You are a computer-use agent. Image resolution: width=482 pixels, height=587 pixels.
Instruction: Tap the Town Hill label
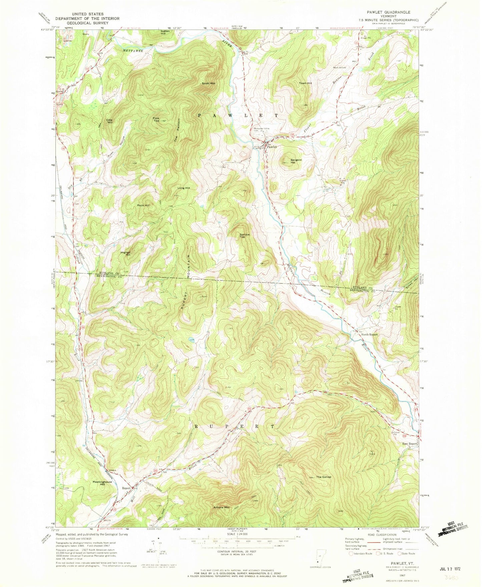point(305,83)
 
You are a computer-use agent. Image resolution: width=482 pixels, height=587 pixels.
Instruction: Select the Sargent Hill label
point(296,161)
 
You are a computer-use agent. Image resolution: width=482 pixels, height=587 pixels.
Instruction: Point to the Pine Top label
point(156,119)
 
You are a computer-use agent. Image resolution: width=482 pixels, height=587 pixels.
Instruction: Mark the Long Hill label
point(184,188)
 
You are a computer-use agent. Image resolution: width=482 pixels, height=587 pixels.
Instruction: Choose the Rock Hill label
point(143,205)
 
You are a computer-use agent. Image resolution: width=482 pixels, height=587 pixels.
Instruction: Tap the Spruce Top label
point(245,235)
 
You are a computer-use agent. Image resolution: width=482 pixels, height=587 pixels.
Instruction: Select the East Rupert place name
point(409,444)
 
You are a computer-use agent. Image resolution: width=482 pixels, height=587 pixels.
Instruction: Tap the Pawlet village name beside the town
point(272,146)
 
